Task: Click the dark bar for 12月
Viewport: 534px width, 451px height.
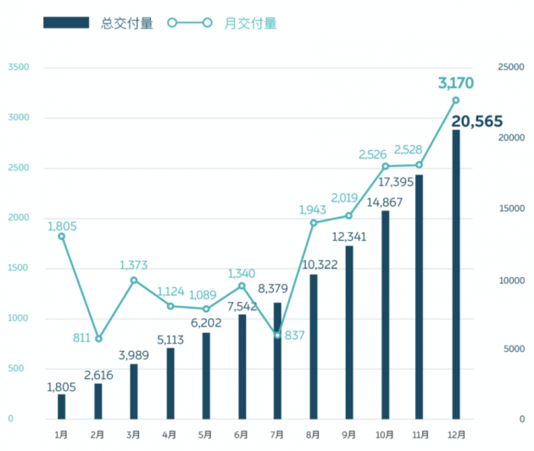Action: [x=456, y=275]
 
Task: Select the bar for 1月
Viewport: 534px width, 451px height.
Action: [x=62, y=407]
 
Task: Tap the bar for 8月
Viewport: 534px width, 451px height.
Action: [x=313, y=347]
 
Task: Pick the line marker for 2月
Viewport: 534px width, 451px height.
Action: [x=98, y=338]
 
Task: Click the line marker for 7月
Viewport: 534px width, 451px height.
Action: [x=277, y=335]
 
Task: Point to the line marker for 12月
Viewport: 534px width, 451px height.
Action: [x=456, y=100]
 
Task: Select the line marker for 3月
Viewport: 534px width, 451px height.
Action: [x=134, y=280]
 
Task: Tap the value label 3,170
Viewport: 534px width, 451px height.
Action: [x=455, y=83]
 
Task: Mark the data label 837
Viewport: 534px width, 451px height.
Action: [x=295, y=335]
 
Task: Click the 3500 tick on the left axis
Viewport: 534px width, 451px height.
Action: [x=17, y=68]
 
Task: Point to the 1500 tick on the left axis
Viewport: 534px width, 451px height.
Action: [x=17, y=269]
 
